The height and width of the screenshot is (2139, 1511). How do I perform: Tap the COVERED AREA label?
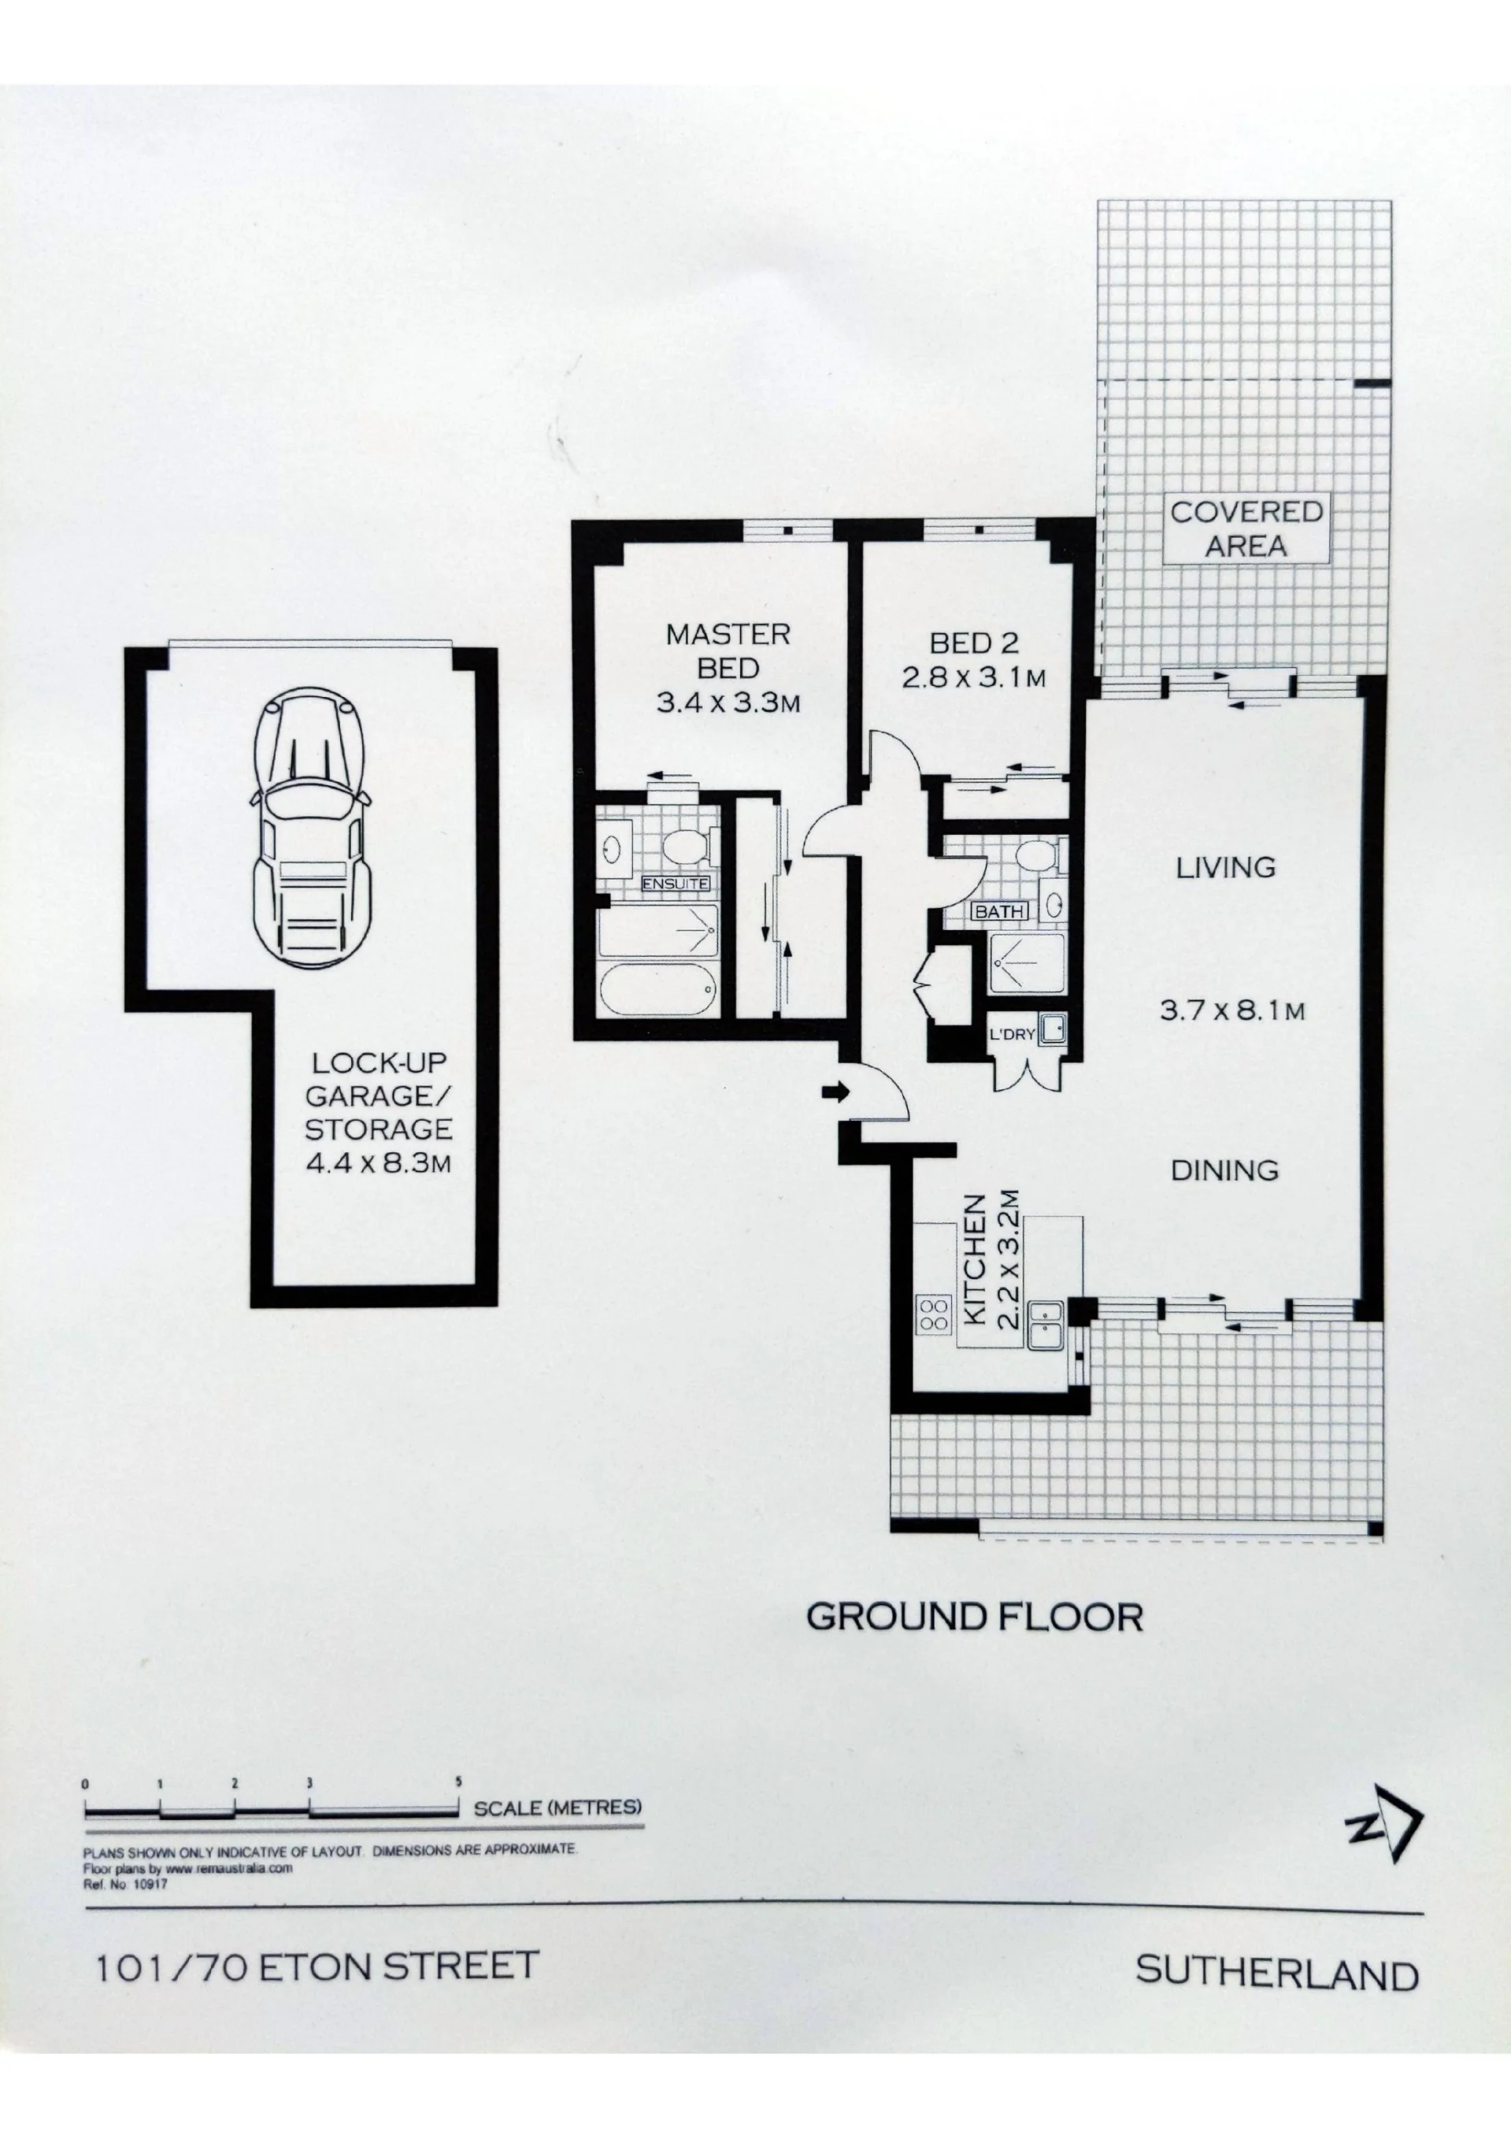point(1246,528)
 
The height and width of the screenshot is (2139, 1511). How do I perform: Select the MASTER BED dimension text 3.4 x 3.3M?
point(728,702)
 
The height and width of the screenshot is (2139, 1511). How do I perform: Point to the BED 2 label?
point(973,643)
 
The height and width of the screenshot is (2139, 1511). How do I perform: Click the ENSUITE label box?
point(676,883)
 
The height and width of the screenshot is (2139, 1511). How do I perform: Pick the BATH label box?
point(999,911)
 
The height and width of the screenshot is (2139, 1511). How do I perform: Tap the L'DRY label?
point(1012,1033)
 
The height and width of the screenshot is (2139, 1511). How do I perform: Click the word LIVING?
point(1225,867)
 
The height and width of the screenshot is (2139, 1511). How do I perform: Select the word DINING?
point(1224,1170)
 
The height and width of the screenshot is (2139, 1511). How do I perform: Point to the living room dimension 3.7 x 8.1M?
point(1231,1010)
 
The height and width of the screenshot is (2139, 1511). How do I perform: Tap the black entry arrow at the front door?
point(835,1091)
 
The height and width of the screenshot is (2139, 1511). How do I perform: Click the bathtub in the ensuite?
point(657,990)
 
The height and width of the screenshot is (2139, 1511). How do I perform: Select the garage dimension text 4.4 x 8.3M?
point(378,1162)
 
